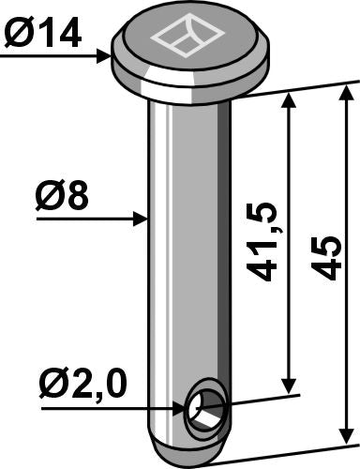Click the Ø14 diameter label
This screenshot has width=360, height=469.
click(41, 37)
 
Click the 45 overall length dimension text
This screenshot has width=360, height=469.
click(326, 257)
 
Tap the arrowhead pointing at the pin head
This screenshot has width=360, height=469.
click(105, 57)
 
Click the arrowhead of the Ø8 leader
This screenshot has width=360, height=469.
click(142, 219)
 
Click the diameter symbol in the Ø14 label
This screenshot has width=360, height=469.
click(20, 37)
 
